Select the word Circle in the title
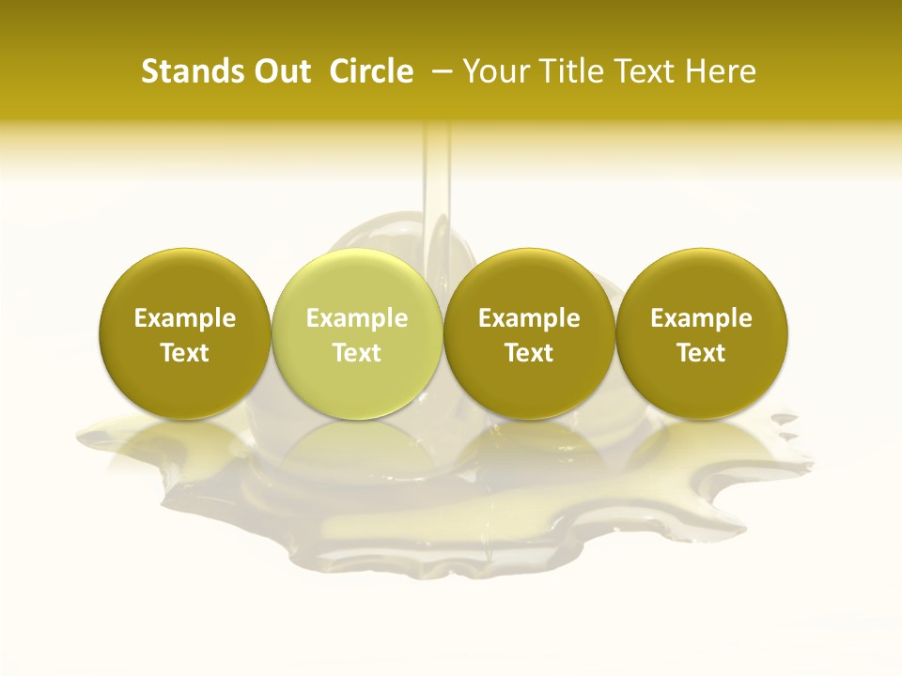tap(371, 71)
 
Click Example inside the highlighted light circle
tap(357, 318)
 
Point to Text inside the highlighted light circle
tap(357, 353)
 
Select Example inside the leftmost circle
tap(184, 318)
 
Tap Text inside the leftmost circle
tap(184, 353)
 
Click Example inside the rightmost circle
tap(702, 318)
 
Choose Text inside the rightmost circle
tap(702, 353)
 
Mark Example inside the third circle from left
tap(529, 318)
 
